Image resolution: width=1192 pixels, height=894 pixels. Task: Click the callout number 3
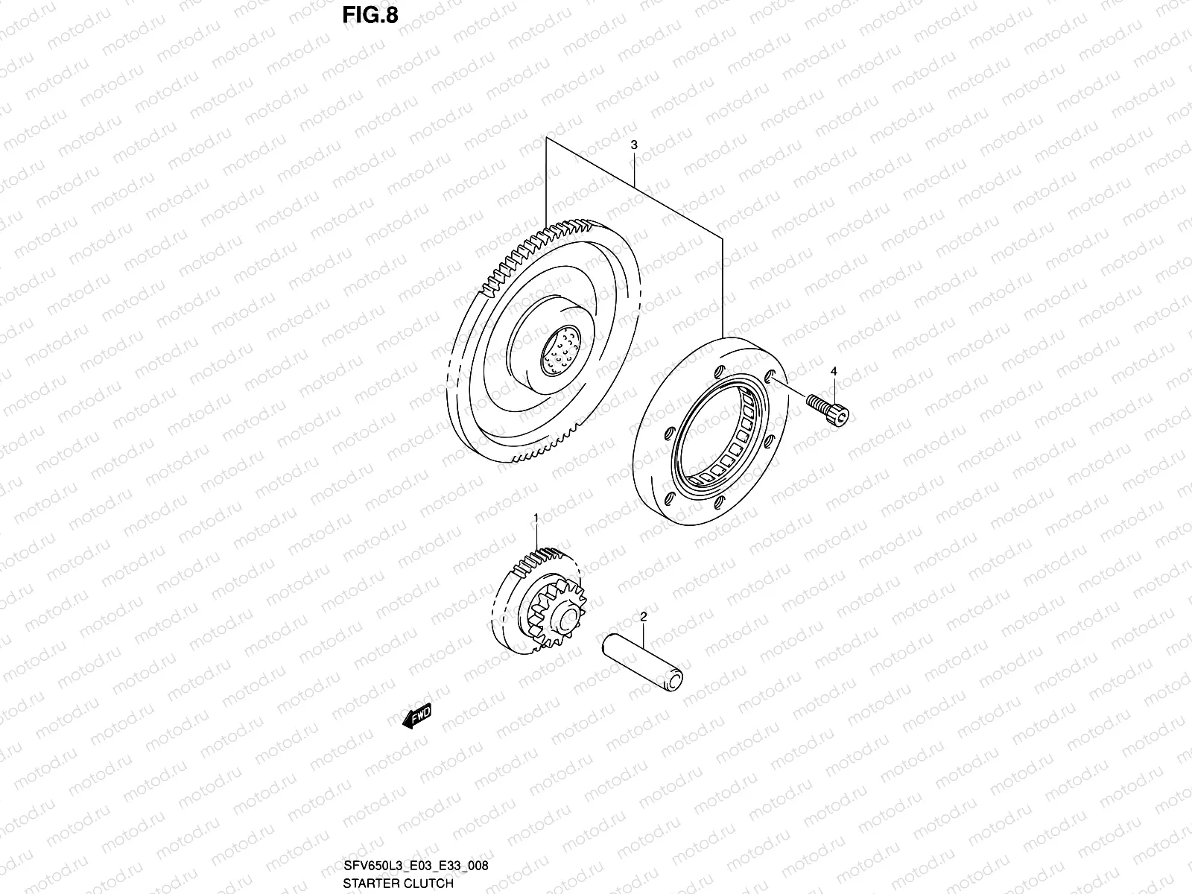point(633,146)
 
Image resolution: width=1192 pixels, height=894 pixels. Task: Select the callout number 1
point(535,516)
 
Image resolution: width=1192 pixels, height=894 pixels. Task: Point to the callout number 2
point(643,616)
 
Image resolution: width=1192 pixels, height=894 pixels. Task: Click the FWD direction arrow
point(416,716)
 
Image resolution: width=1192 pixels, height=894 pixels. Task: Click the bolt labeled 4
point(828,410)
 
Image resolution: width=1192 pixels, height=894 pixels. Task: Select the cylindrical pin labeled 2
point(643,656)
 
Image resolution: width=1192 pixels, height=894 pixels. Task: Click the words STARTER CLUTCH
point(398,884)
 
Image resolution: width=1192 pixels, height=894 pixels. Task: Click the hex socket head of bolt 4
point(840,416)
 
